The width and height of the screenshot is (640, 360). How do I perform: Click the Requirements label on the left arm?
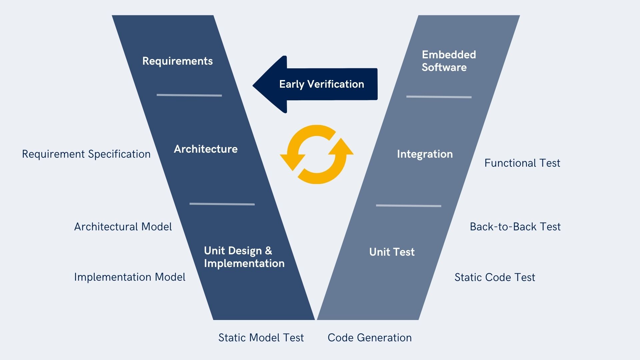click(x=177, y=61)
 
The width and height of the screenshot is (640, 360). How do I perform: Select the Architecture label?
click(x=206, y=149)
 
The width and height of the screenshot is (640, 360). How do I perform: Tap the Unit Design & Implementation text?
click(x=244, y=257)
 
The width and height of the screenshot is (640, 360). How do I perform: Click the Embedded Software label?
click(x=449, y=61)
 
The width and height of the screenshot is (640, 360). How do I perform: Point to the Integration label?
click(x=425, y=154)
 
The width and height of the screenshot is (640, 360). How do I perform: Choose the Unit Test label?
click(x=392, y=252)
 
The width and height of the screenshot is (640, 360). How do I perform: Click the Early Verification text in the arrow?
click(x=321, y=84)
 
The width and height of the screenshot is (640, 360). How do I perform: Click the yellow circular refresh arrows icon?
click(x=316, y=154)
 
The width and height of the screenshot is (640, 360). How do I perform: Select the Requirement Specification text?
click(x=86, y=154)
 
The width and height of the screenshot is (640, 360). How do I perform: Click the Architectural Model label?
click(x=123, y=227)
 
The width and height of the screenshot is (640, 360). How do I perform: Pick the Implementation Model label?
click(x=129, y=277)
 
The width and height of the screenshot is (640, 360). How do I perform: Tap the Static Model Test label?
click(x=261, y=338)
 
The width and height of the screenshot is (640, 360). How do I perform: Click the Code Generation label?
click(x=369, y=338)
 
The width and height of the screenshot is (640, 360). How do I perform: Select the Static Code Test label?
click(x=495, y=277)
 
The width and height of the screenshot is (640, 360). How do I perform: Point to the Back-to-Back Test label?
click(x=515, y=227)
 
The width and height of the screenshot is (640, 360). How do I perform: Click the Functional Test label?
click(x=522, y=163)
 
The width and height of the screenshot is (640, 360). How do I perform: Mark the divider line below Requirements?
click(x=189, y=95)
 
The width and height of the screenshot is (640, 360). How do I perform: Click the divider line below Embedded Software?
click(x=439, y=97)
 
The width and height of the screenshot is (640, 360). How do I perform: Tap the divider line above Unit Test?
click(x=408, y=206)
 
